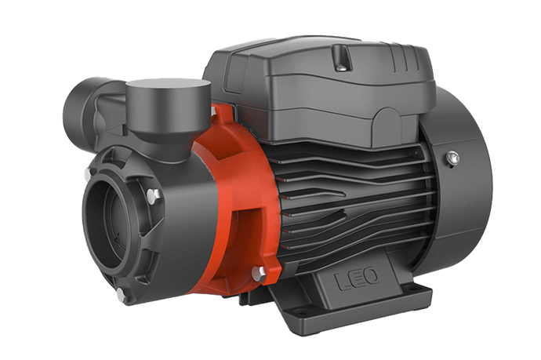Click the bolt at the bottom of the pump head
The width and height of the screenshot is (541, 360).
[x=121, y=295]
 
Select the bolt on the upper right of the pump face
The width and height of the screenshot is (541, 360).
[x=154, y=194]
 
